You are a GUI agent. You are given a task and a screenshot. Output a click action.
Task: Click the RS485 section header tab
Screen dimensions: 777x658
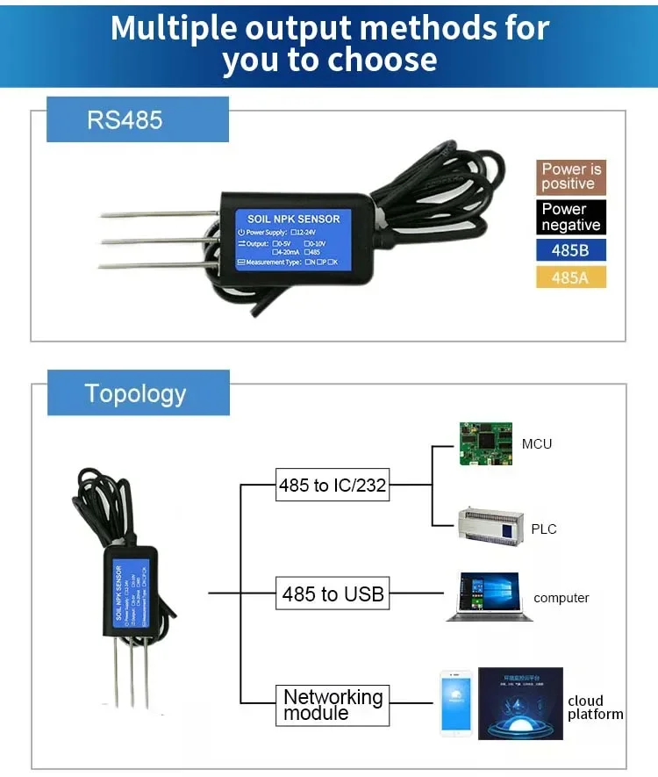(x=137, y=119)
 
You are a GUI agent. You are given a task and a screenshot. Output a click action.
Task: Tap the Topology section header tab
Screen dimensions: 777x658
(x=137, y=392)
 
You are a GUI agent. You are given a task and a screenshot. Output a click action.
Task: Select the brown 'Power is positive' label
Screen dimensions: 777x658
(x=571, y=176)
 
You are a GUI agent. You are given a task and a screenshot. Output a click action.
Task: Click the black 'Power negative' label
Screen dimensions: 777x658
(x=571, y=217)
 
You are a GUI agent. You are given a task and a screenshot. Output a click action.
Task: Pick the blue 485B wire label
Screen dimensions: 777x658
(x=571, y=250)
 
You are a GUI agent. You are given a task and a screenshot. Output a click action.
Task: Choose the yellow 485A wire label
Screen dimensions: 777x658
(x=571, y=277)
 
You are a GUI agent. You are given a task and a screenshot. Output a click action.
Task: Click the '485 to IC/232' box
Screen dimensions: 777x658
(x=333, y=485)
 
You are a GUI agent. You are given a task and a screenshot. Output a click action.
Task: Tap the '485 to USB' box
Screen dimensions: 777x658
(x=333, y=594)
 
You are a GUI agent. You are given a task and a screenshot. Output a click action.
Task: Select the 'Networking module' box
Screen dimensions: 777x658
(x=333, y=704)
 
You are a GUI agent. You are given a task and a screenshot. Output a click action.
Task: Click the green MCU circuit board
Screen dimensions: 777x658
(x=485, y=444)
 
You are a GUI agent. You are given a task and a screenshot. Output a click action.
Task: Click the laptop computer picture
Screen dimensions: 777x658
(x=489, y=598)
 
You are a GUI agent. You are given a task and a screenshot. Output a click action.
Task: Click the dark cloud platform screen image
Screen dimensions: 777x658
(x=520, y=702)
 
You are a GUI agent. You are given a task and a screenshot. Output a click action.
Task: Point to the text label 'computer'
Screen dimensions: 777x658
(x=561, y=598)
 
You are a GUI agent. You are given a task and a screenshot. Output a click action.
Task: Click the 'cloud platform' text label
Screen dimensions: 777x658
(x=595, y=708)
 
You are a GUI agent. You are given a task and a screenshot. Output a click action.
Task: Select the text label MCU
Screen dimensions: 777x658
(x=537, y=444)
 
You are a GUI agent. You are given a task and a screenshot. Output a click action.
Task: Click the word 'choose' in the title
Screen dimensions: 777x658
(x=383, y=60)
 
